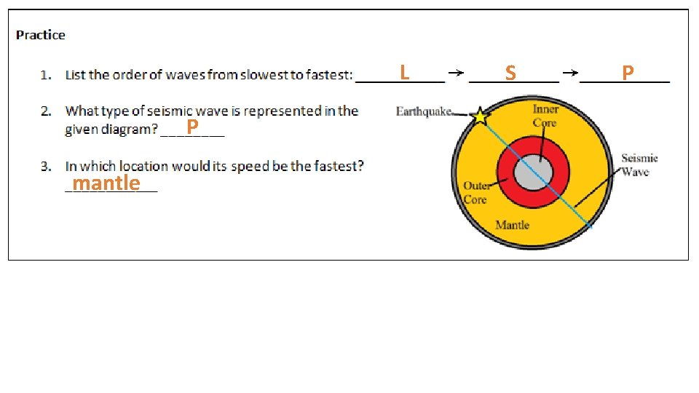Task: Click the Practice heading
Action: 41,35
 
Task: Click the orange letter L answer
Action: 404,72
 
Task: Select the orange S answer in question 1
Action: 510,73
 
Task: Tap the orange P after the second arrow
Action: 628,72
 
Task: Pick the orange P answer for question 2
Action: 192,128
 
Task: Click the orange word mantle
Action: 106,183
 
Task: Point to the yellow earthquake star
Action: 480,116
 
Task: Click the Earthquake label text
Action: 423,111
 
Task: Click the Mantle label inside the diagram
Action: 512,225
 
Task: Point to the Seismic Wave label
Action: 639,164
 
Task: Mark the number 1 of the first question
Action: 45,75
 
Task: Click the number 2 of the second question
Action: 45,111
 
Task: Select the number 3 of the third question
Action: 45,167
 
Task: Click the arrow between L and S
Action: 456,73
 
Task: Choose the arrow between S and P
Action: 571,73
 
